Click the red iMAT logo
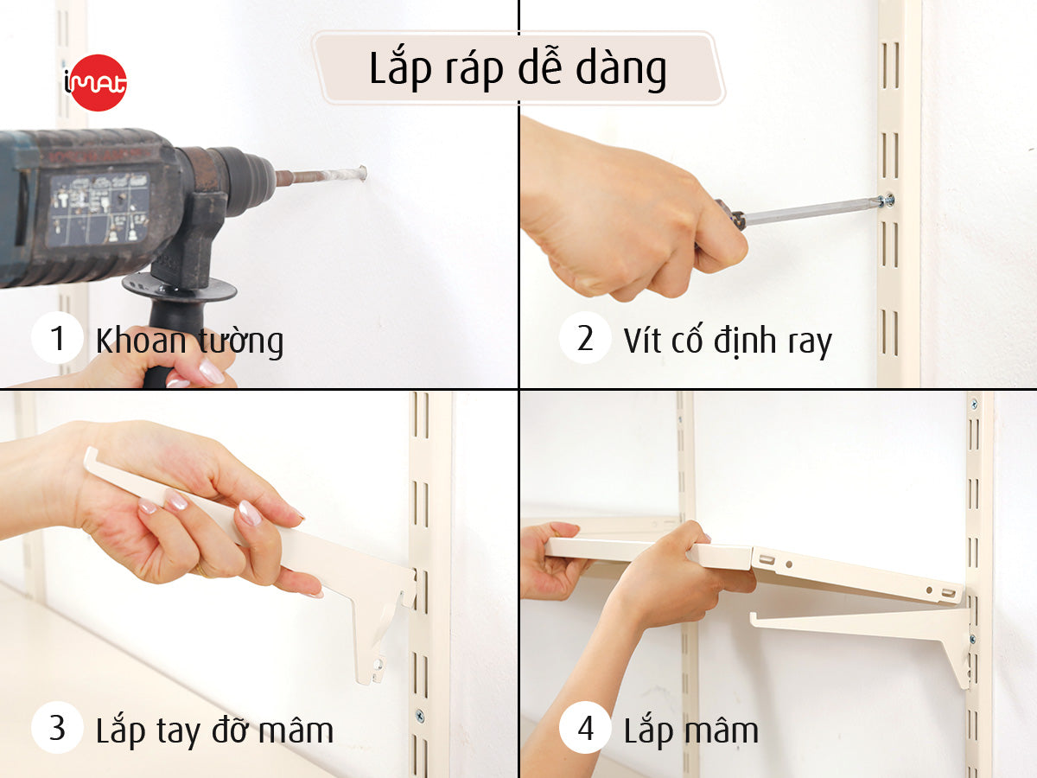point(96,82)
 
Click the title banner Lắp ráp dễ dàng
point(518,68)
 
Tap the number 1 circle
point(58,338)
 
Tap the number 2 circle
point(585,338)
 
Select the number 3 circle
point(58,728)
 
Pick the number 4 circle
point(585,728)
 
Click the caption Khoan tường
point(189,341)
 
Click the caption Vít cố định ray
point(728,341)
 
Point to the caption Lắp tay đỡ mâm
point(214,730)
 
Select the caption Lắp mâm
point(691,730)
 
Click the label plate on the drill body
point(97,207)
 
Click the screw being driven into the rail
point(887,201)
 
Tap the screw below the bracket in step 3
point(420,716)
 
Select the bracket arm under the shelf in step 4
point(856,621)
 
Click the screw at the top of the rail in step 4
point(974,404)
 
